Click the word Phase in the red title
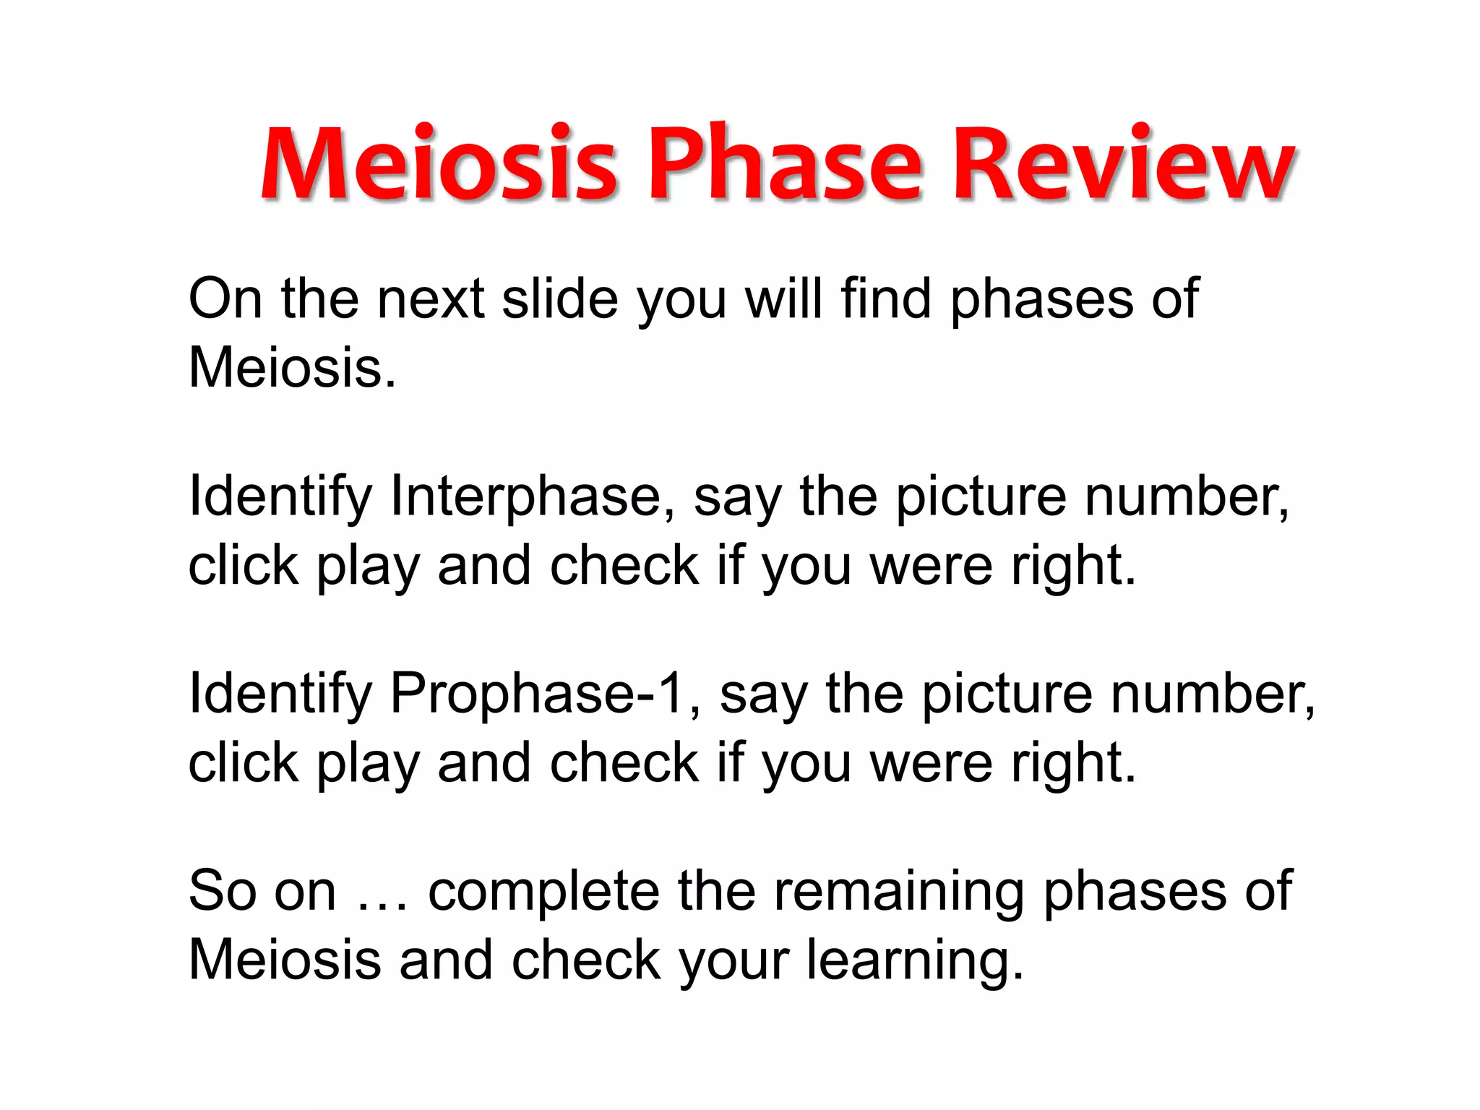coord(786,164)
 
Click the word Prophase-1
coord(537,694)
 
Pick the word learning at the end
coord(914,961)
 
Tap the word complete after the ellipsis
coord(543,892)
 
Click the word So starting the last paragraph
coord(222,892)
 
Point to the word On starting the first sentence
coord(223,298)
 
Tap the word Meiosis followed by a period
coord(292,368)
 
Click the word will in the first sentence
coord(783,298)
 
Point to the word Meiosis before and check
coord(285,961)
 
